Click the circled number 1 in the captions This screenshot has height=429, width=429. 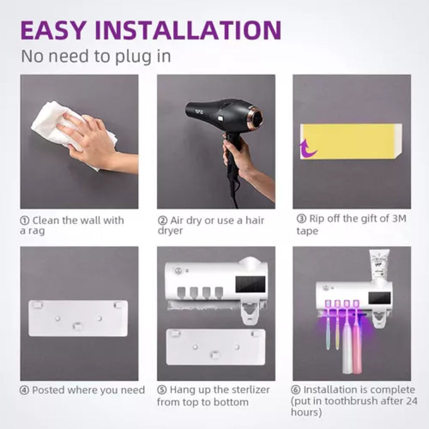point(25,220)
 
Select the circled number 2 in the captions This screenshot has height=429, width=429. point(162,220)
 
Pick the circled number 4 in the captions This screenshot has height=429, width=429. point(25,390)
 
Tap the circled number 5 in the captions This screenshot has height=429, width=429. point(162,390)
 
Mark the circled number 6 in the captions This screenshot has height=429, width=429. point(297,390)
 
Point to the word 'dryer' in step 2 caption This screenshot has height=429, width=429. point(170,231)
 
